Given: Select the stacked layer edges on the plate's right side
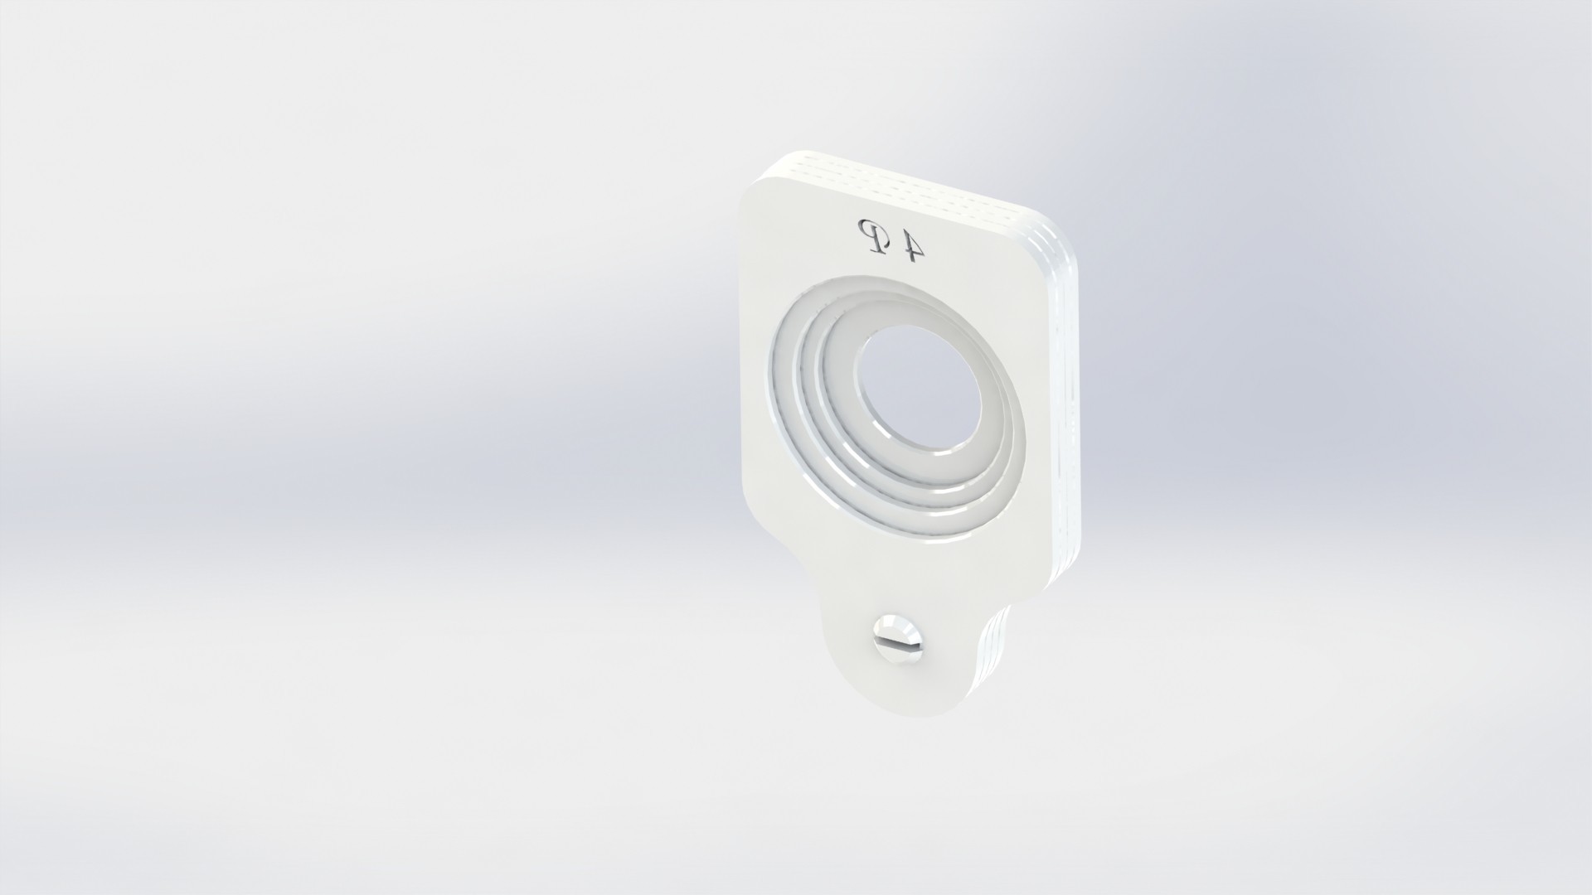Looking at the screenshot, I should coord(1070,398).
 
